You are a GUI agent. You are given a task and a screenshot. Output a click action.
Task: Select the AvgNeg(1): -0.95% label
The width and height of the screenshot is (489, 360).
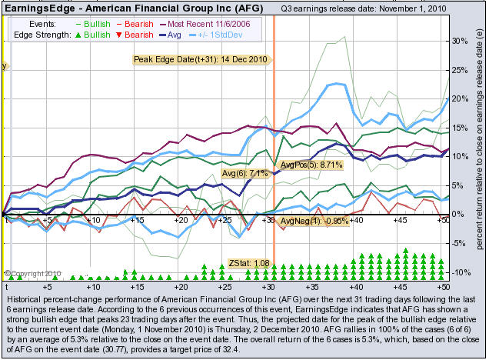[312, 222]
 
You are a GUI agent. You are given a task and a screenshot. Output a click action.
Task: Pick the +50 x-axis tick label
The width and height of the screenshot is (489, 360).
[442, 220]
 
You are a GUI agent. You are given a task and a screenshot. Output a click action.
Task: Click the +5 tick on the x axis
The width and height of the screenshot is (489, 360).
[48, 220]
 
